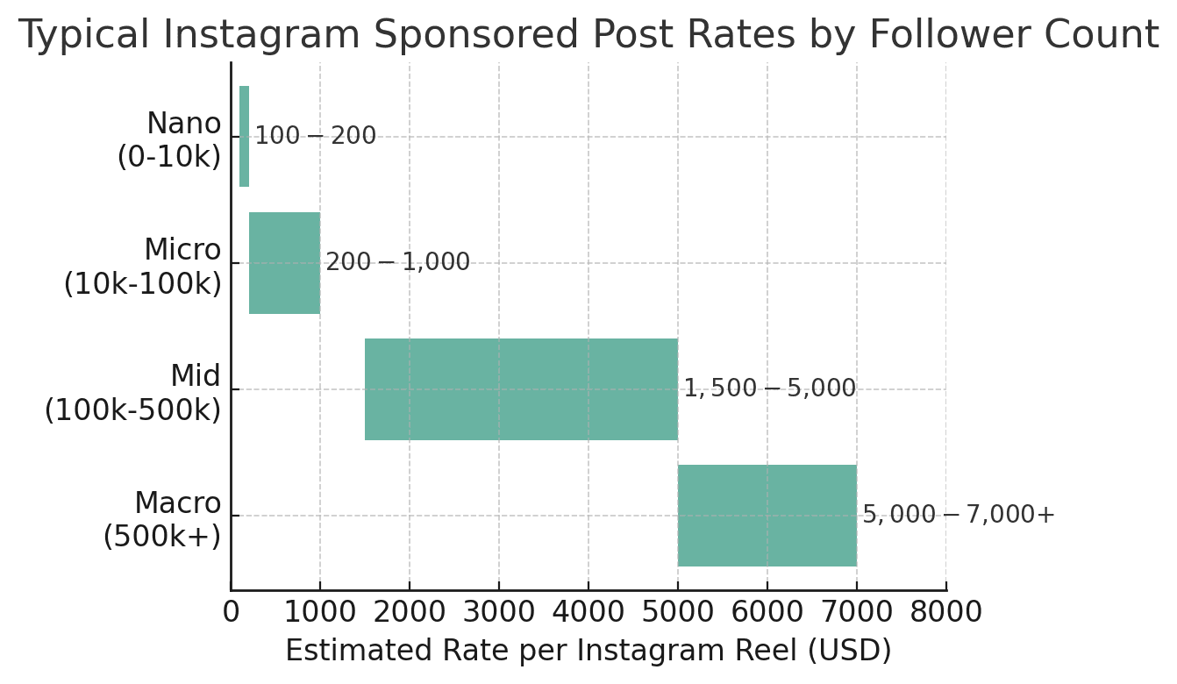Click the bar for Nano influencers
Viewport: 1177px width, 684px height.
(x=244, y=136)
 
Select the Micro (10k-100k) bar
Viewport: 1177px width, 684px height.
(x=284, y=263)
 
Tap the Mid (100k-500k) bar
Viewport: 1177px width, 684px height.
(x=521, y=389)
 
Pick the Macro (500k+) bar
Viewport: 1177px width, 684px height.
(x=767, y=516)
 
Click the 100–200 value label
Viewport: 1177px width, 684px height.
(x=315, y=137)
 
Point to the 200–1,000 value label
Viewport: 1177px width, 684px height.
(x=397, y=263)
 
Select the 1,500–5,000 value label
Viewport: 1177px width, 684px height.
(x=769, y=389)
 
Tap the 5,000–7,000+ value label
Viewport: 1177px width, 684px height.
(x=958, y=516)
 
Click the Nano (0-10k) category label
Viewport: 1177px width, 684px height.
(x=170, y=140)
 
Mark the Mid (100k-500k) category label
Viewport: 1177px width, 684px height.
(x=133, y=393)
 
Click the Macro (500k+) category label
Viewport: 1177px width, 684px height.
(x=163, y=519)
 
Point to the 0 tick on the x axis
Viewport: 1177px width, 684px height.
(x=231, y=612)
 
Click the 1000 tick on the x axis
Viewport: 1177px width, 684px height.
(x=320, y=612)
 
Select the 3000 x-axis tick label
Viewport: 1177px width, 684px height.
(x=499, y=612)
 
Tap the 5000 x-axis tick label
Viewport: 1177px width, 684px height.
(x=678, y=612)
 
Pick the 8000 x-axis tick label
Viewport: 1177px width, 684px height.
(x=945, y=612)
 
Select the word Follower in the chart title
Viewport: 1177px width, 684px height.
(x=952, y=36)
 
